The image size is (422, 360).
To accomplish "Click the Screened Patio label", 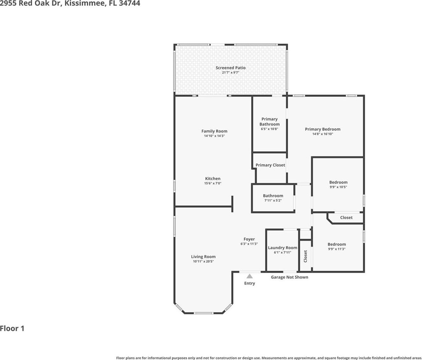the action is point(231,68).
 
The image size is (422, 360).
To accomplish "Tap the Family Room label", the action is point(214,131).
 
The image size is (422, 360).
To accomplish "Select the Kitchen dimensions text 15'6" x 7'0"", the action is point(213,183).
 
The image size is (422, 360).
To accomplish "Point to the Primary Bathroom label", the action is point(270,121).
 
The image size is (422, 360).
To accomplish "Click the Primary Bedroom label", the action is point(323,129).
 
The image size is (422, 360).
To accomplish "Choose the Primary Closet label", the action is point(270,165).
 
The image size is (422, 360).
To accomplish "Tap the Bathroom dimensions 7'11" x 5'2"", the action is point(273,200).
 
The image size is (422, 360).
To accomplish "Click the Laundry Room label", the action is point(282,248).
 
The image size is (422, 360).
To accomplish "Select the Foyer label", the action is point(249,239).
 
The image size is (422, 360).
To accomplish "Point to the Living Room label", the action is point(203,257).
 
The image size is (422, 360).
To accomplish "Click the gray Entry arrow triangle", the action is point(249,276).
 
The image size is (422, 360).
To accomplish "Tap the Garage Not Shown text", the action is point(289,277).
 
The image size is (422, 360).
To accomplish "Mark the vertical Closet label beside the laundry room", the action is point(306,256).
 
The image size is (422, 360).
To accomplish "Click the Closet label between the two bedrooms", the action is point(346,218).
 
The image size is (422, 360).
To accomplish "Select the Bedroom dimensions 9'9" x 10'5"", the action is point(338,187).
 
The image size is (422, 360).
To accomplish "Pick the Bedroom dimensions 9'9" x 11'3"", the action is point(337,249).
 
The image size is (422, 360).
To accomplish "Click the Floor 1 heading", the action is point(12,329).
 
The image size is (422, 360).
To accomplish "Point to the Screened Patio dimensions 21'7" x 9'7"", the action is point(231,73).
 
